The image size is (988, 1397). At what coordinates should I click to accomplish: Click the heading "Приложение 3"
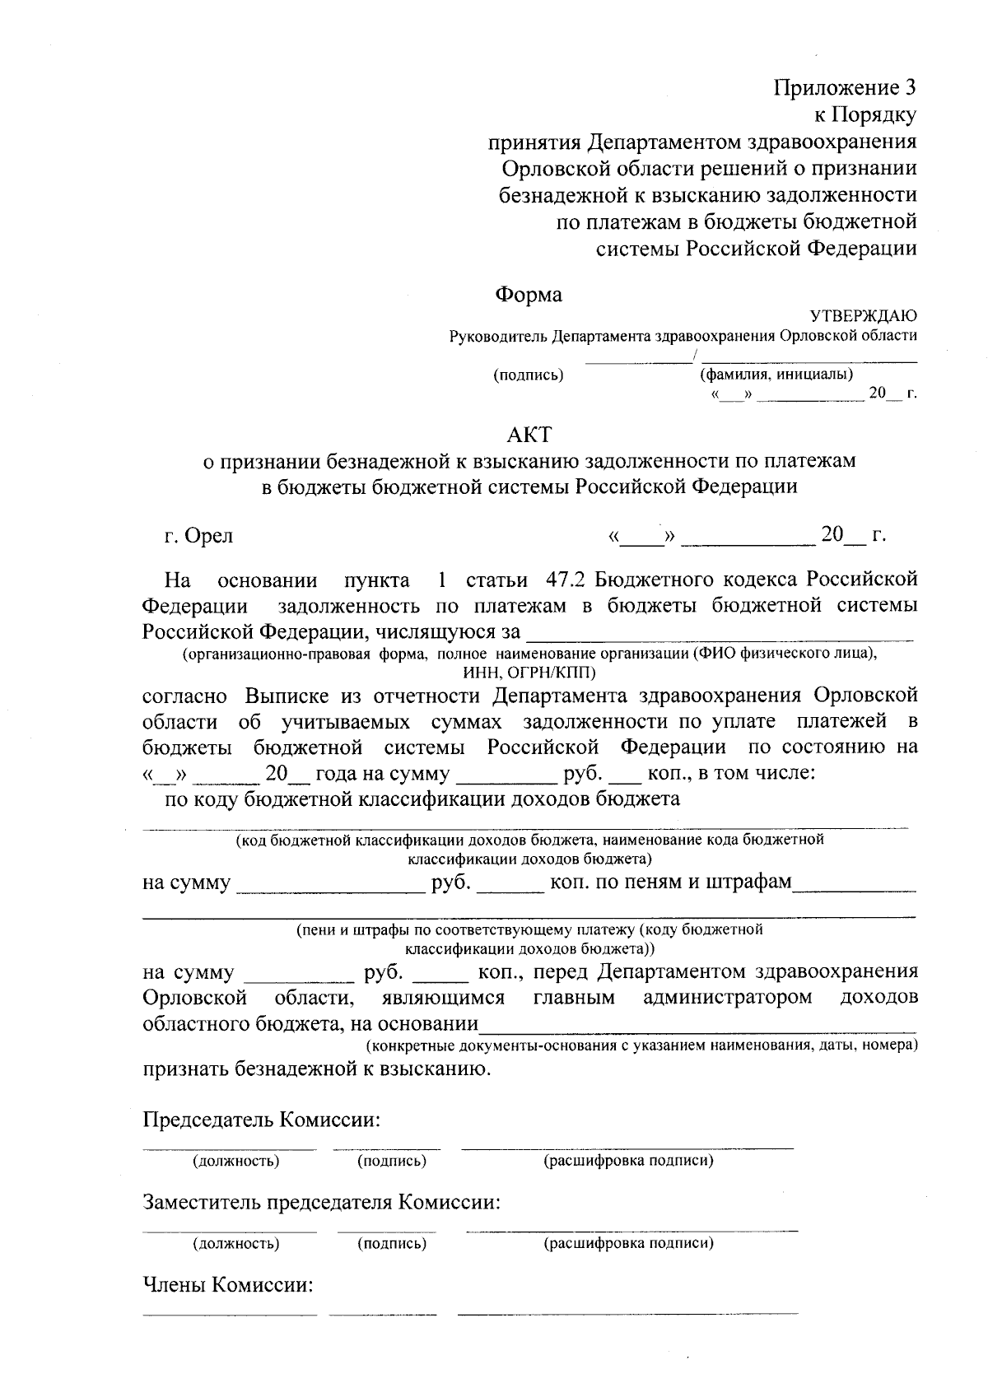pos(844,87)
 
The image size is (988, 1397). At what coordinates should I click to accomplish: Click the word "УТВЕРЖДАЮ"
pos(864,315)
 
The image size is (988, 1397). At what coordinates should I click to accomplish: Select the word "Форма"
pos(529,294)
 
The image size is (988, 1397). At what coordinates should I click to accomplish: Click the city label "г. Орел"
pos(198,536)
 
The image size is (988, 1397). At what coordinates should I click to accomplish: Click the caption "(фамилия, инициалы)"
pos(776,375)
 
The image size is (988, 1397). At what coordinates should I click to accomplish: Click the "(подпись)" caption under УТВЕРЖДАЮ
pos(528,375)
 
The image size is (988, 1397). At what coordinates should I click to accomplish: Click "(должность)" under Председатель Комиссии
pos(235,1162)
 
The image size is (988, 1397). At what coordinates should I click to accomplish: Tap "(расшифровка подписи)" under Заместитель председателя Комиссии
pos(628,1243)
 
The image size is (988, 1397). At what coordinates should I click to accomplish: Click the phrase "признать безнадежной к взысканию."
pos(317,1069)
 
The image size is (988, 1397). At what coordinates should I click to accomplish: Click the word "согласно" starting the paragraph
pos(184,696)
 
